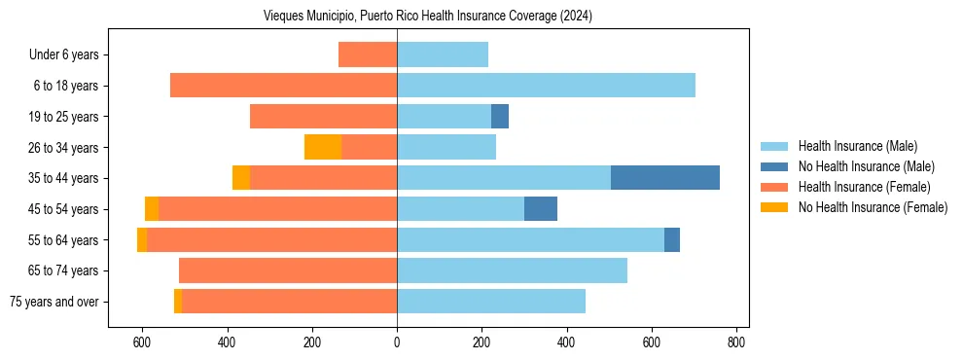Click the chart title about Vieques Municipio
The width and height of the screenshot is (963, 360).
(428, 17)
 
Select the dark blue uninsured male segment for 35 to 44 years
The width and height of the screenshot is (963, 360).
(665, 178)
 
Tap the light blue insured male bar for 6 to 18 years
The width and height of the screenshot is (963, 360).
(546, 86)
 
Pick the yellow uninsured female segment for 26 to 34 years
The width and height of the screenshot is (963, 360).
(323, 147)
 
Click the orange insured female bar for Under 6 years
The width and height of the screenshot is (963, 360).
(368, 54)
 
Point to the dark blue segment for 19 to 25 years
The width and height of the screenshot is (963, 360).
(500, 117)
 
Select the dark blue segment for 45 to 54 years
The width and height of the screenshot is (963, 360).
(541, 209)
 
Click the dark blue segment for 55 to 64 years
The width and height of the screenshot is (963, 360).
(672, 239)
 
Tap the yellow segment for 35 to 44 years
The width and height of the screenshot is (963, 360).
(241, 178)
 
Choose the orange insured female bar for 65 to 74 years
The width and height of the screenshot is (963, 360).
(288, 270)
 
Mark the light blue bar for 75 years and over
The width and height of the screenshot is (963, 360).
(491, 302)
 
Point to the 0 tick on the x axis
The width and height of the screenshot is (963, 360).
(397, 342)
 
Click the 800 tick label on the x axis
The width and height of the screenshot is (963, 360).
(736, 342)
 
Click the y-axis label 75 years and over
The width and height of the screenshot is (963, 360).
(54, 302)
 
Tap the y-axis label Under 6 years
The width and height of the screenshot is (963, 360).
(64, 55)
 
